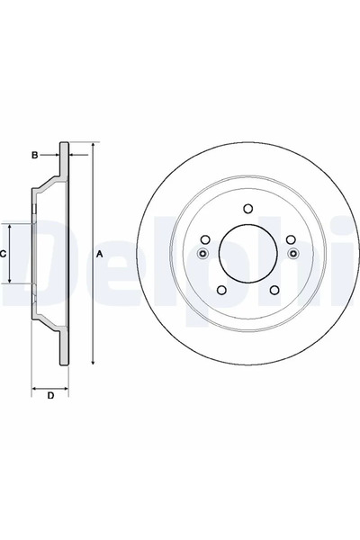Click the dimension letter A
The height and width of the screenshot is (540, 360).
coord(100,255)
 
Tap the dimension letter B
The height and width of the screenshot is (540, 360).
coord(35,156)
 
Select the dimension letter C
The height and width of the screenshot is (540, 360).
coord(4,255)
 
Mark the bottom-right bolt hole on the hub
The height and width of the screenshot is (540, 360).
coord(272,290)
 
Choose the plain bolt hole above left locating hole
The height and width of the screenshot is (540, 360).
coord(205,239)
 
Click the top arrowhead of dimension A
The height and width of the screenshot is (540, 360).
coord(93,146)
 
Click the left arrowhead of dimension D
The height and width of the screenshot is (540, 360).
coord(35,388)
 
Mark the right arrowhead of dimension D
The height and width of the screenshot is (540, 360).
coord(66,388)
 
